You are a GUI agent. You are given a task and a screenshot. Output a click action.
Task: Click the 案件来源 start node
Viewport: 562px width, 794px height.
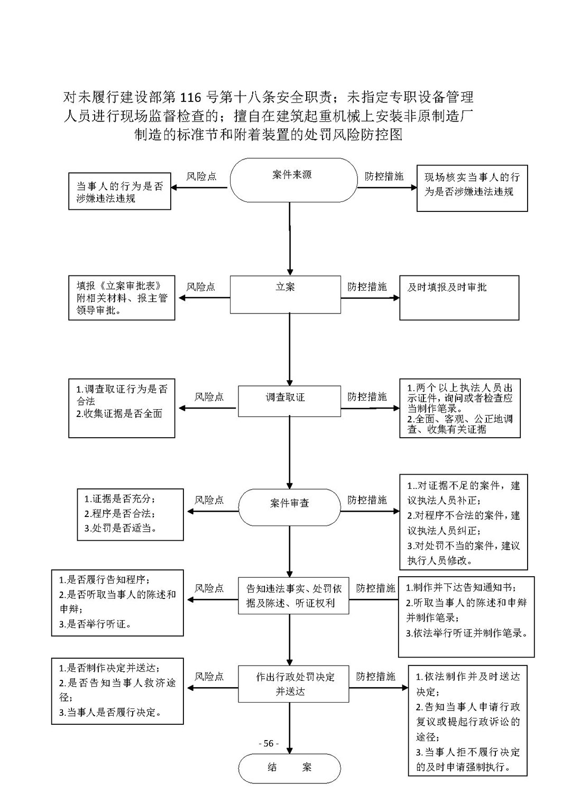(293, 180)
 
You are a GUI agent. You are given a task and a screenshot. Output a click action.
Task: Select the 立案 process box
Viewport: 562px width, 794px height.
(285, 294)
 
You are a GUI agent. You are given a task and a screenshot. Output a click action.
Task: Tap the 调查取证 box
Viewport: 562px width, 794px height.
(289, 401)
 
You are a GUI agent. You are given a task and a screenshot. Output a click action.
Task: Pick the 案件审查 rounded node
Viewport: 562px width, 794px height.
(289, 507)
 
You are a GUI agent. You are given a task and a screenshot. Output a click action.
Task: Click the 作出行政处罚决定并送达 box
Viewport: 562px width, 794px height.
(293, 684)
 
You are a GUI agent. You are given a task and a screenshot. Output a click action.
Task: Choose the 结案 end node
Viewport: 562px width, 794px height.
(289, 768)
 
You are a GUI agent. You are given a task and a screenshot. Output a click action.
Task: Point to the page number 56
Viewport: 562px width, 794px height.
(269, 743)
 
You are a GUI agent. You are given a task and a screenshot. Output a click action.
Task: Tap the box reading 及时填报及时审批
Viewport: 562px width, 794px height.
(459, 298)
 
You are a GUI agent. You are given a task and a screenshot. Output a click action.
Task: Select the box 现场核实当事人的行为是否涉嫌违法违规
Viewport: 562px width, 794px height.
(472, 188)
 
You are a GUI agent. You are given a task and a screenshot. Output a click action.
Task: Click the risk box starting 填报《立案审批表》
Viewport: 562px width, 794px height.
(122, 298)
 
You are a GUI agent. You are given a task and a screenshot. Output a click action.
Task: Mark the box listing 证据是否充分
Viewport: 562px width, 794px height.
(130, 514)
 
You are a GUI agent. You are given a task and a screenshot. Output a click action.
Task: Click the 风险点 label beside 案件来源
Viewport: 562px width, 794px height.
(201, 176)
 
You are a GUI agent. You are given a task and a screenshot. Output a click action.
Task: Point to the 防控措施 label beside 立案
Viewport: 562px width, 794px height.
(367, 287)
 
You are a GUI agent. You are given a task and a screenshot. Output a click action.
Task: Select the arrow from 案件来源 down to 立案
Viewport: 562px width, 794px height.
(290, 239)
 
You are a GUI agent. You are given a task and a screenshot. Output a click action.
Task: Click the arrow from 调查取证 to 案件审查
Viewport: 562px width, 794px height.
(290, 453)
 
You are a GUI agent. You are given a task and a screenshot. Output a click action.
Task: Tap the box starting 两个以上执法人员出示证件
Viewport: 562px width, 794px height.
(460, 408)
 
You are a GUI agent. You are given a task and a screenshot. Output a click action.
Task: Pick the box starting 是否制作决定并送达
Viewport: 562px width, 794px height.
(117, 691)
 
